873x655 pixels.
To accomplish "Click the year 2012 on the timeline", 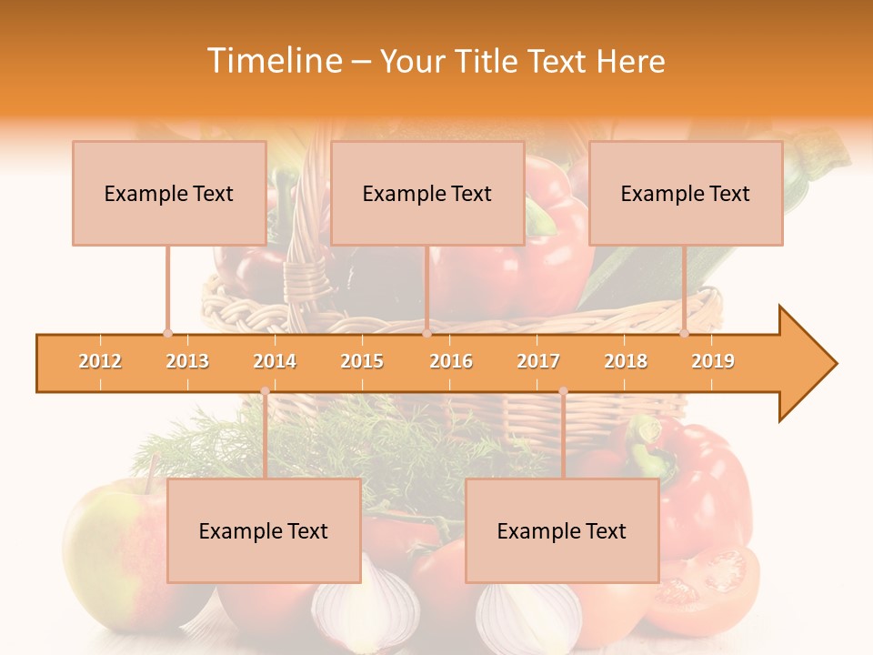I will pos(100,361).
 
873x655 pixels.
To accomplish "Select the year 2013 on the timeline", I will pos(187,361).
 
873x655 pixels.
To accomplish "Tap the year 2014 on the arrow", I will pos(275,361).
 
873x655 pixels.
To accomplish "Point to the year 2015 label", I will pos(362,361).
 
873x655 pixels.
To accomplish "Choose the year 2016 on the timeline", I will pos(451,361).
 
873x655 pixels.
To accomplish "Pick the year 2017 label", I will pos(538,361).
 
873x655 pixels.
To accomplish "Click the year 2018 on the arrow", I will pos(626,361).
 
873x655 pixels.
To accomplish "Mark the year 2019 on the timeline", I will pos(713,361).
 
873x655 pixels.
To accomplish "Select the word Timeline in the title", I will pos(273,61).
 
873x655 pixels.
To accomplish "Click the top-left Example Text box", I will pos(169,193).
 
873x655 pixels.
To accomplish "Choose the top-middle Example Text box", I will pos(427,193).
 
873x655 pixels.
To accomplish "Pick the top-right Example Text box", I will pos(686,193).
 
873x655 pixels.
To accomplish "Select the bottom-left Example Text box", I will pos(264,530).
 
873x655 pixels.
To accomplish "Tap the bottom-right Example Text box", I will pos(562,530).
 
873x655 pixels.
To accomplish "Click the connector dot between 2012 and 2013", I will pos(167,333).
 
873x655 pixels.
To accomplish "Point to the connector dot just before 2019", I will pos(684,333).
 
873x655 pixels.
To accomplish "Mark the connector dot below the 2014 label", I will pos(265,391).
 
